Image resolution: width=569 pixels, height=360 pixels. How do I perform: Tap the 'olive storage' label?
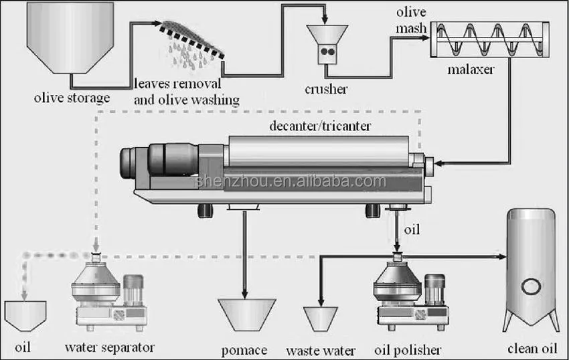click(x=71, y=99)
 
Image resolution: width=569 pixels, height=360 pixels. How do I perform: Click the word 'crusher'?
click(x=327, y=89)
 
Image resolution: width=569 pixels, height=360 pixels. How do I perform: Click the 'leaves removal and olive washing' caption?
click(x=186, y=92)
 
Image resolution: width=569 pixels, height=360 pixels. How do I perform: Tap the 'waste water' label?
click(x=321, y=350)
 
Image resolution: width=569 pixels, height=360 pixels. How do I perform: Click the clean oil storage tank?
click(x=533, y=270)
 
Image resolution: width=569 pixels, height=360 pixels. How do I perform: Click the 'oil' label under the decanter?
click(x=413, y=230)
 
